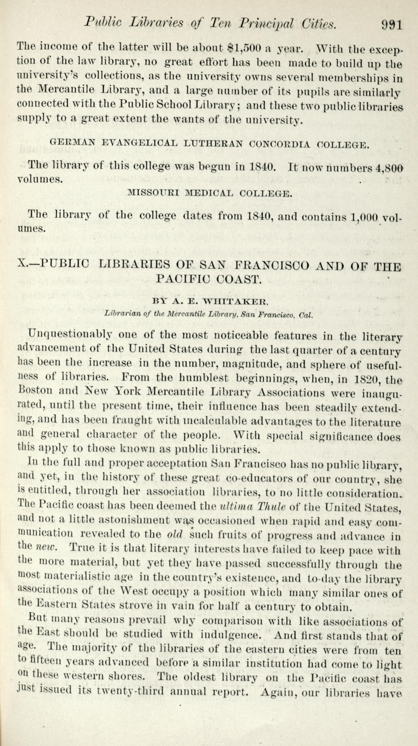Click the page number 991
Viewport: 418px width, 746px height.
[392, 25]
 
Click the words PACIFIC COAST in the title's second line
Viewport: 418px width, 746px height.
[208, 279]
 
